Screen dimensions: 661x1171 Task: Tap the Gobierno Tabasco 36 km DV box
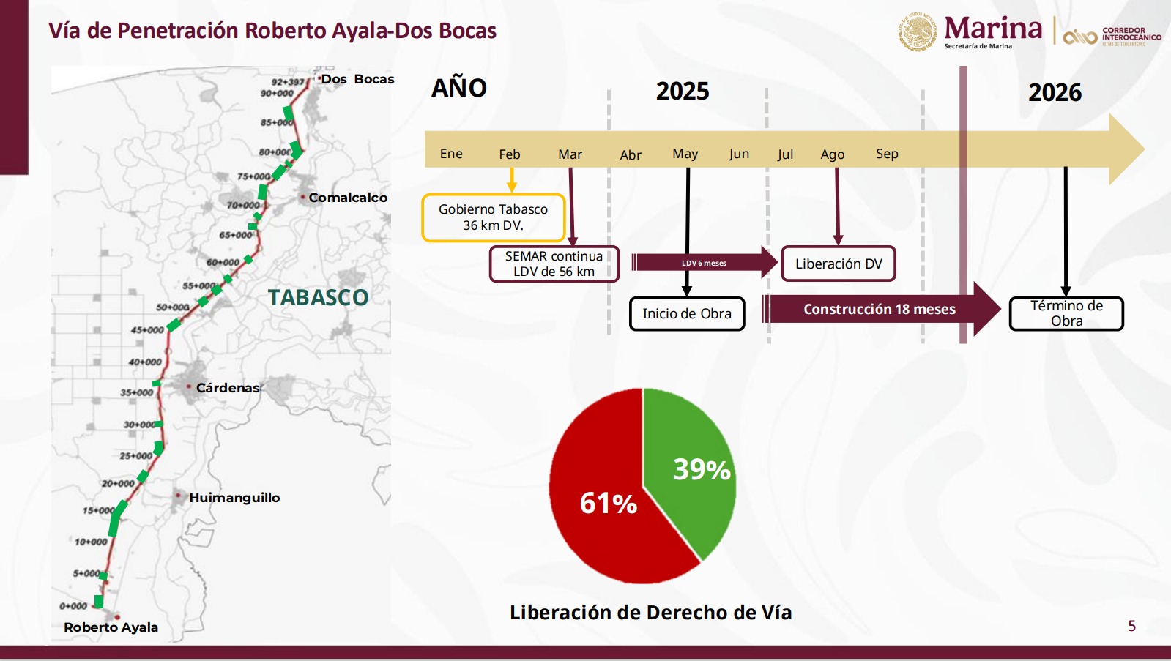[493, 217]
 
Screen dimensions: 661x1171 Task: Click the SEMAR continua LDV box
[554, 264]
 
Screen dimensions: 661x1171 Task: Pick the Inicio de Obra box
[687, 313]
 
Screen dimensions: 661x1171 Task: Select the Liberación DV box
[839, 264]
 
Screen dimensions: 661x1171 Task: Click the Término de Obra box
[1066, 313]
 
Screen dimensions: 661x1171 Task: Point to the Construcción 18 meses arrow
[879, 309]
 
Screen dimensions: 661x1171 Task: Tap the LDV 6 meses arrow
[703, 263]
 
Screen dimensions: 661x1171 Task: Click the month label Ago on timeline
[833, 154]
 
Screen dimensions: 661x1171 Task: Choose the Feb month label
[510, 154]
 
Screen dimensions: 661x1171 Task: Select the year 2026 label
[1055, 92]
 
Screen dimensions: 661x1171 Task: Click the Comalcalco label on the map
[348, 198]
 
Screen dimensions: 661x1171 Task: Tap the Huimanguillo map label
[234, 498]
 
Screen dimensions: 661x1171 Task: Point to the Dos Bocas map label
[357, 79]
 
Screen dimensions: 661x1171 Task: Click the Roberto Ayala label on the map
[111, 627]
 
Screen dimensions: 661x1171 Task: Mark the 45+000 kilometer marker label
[147, 330]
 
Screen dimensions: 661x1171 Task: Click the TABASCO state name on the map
[318, 298]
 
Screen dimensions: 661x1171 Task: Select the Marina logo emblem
[918, 32]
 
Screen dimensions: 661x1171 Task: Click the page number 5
[1131, 626]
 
